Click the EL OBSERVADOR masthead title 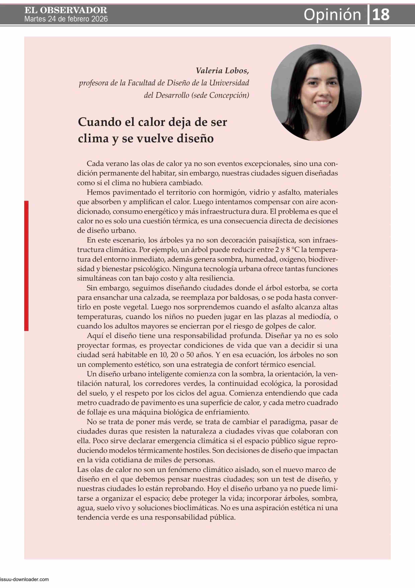click(x=66, y=10)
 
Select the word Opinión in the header click(x=332, y=15)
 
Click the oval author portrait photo click(x=316, y=93)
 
